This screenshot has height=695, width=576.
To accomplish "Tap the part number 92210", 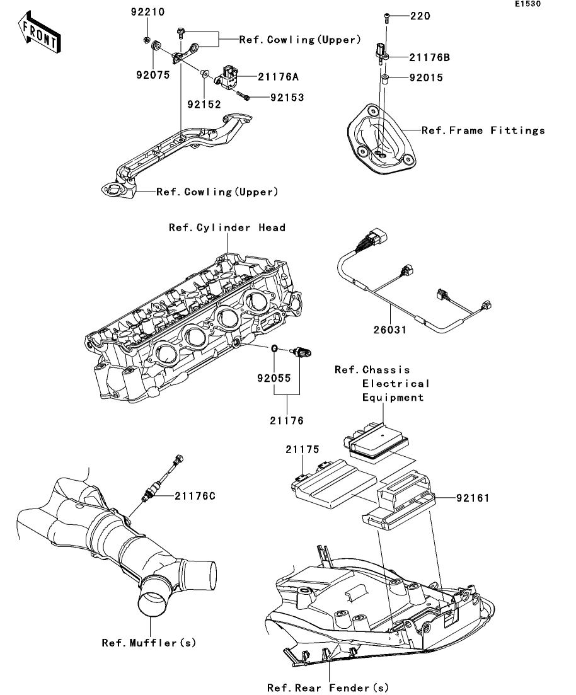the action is (x=147, y=12).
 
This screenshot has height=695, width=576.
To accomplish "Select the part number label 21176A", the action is (x=279, y=77).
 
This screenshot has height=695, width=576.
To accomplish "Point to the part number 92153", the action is (x=287, y=98).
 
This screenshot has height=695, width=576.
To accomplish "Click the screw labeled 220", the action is (x=387, y=17).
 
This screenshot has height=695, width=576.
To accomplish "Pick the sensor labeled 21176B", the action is (x=383, y=54).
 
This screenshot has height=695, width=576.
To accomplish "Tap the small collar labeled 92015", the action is (x=385, y=80).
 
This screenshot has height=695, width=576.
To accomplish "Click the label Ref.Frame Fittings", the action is (x=483, y=130).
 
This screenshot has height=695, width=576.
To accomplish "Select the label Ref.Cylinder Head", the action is (x=227, y=227).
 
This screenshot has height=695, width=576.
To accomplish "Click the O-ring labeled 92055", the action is (x=275, y=348).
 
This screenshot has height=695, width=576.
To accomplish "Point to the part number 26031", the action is (x=390, y=330).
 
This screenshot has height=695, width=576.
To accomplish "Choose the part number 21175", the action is (x=302, y=449).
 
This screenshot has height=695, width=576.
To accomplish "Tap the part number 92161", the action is (x=473, y=498).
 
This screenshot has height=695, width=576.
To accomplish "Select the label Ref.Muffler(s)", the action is (x=149, y=643).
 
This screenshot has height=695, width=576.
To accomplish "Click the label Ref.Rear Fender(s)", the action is (x=328, y=687).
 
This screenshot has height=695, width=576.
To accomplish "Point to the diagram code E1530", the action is (x=527, y=4).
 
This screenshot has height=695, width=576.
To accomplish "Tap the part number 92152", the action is (x=204, y=105).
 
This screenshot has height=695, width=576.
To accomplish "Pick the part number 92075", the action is (x=153, y=76).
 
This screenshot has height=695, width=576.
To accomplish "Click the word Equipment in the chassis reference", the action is (x=393, y=398).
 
